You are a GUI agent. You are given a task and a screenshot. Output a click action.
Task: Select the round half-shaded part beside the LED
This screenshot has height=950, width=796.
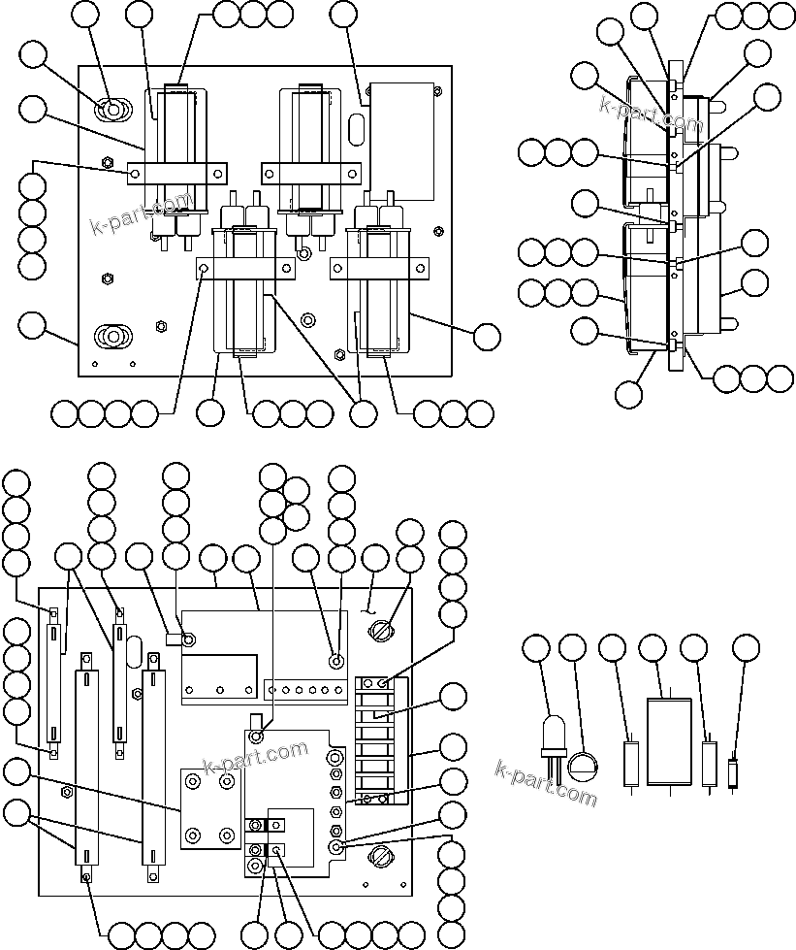pyautogui.click(x=583, y=767)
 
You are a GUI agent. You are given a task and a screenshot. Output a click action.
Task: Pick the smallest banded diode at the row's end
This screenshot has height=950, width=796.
pyautogui.click(x=735, y=772)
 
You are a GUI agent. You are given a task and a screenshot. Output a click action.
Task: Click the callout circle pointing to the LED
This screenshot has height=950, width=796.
pyautogui.click(x=535, y=648)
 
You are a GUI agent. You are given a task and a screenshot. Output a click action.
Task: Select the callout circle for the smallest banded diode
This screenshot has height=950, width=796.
pyautogui.click(x=745, y=648)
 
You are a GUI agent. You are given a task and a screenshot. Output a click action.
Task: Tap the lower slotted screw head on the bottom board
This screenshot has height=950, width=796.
pyautogui.click(x=380, y=858)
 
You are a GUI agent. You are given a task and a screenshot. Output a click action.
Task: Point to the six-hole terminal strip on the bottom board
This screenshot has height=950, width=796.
pyautogui.click(x=305, y=691)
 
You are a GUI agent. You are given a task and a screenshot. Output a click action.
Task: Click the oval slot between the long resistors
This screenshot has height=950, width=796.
pyautogui.click(x=134, y=648)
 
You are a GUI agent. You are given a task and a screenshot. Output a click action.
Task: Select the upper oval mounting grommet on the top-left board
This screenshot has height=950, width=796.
pyautogui.click(x=112, y=111)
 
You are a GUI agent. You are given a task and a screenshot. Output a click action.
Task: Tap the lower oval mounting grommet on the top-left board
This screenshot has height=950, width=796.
pyautogui.click(x=112, y=336)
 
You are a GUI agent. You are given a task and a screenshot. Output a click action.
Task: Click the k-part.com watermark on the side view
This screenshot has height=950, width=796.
pyautogui.click(x=650, y=114)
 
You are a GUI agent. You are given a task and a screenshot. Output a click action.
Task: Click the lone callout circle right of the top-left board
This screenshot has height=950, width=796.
pyautogui.click(x=487, y=336)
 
